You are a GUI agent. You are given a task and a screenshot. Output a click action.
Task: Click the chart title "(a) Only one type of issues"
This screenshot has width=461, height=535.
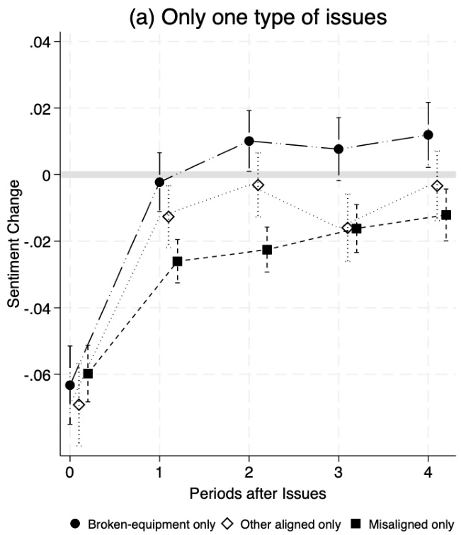coord(258,17)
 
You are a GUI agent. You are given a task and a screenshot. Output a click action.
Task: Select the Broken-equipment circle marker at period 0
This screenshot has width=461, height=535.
coord(69,385)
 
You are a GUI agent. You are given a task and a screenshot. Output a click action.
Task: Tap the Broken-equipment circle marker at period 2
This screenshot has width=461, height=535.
coord(249,141)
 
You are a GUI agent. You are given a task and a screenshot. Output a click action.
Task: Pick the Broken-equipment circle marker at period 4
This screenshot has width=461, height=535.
coord(428,134)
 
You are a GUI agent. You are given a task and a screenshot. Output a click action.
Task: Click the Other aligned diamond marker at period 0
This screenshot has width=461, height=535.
coord(79,405)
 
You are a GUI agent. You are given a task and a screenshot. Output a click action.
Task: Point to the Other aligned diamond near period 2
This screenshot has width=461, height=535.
coord(258,185)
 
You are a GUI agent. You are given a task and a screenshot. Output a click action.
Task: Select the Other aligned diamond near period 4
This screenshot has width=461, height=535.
coord(437,185)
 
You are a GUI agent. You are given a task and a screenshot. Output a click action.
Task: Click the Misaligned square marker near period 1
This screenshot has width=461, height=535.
coord(177,261)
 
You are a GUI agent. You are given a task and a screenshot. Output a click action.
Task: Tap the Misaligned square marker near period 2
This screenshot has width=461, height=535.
coord(267,250)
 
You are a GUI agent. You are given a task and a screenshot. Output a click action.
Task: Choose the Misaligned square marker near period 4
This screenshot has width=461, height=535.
coord(446,214)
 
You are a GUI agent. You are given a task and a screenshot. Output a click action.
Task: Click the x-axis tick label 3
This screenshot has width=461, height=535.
coord(338,472)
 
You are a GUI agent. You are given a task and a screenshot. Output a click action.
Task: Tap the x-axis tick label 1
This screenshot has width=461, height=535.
coord(159,472)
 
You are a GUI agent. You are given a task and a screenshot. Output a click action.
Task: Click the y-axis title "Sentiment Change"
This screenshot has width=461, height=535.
coord(13,243)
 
